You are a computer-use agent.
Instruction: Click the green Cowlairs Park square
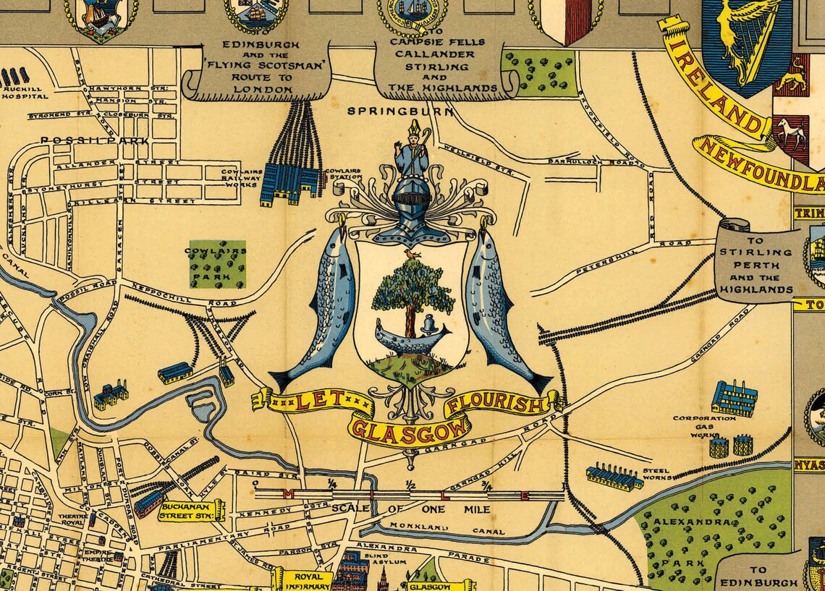coord(217,264)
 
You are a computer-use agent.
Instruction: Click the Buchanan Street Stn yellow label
coord(192,511)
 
